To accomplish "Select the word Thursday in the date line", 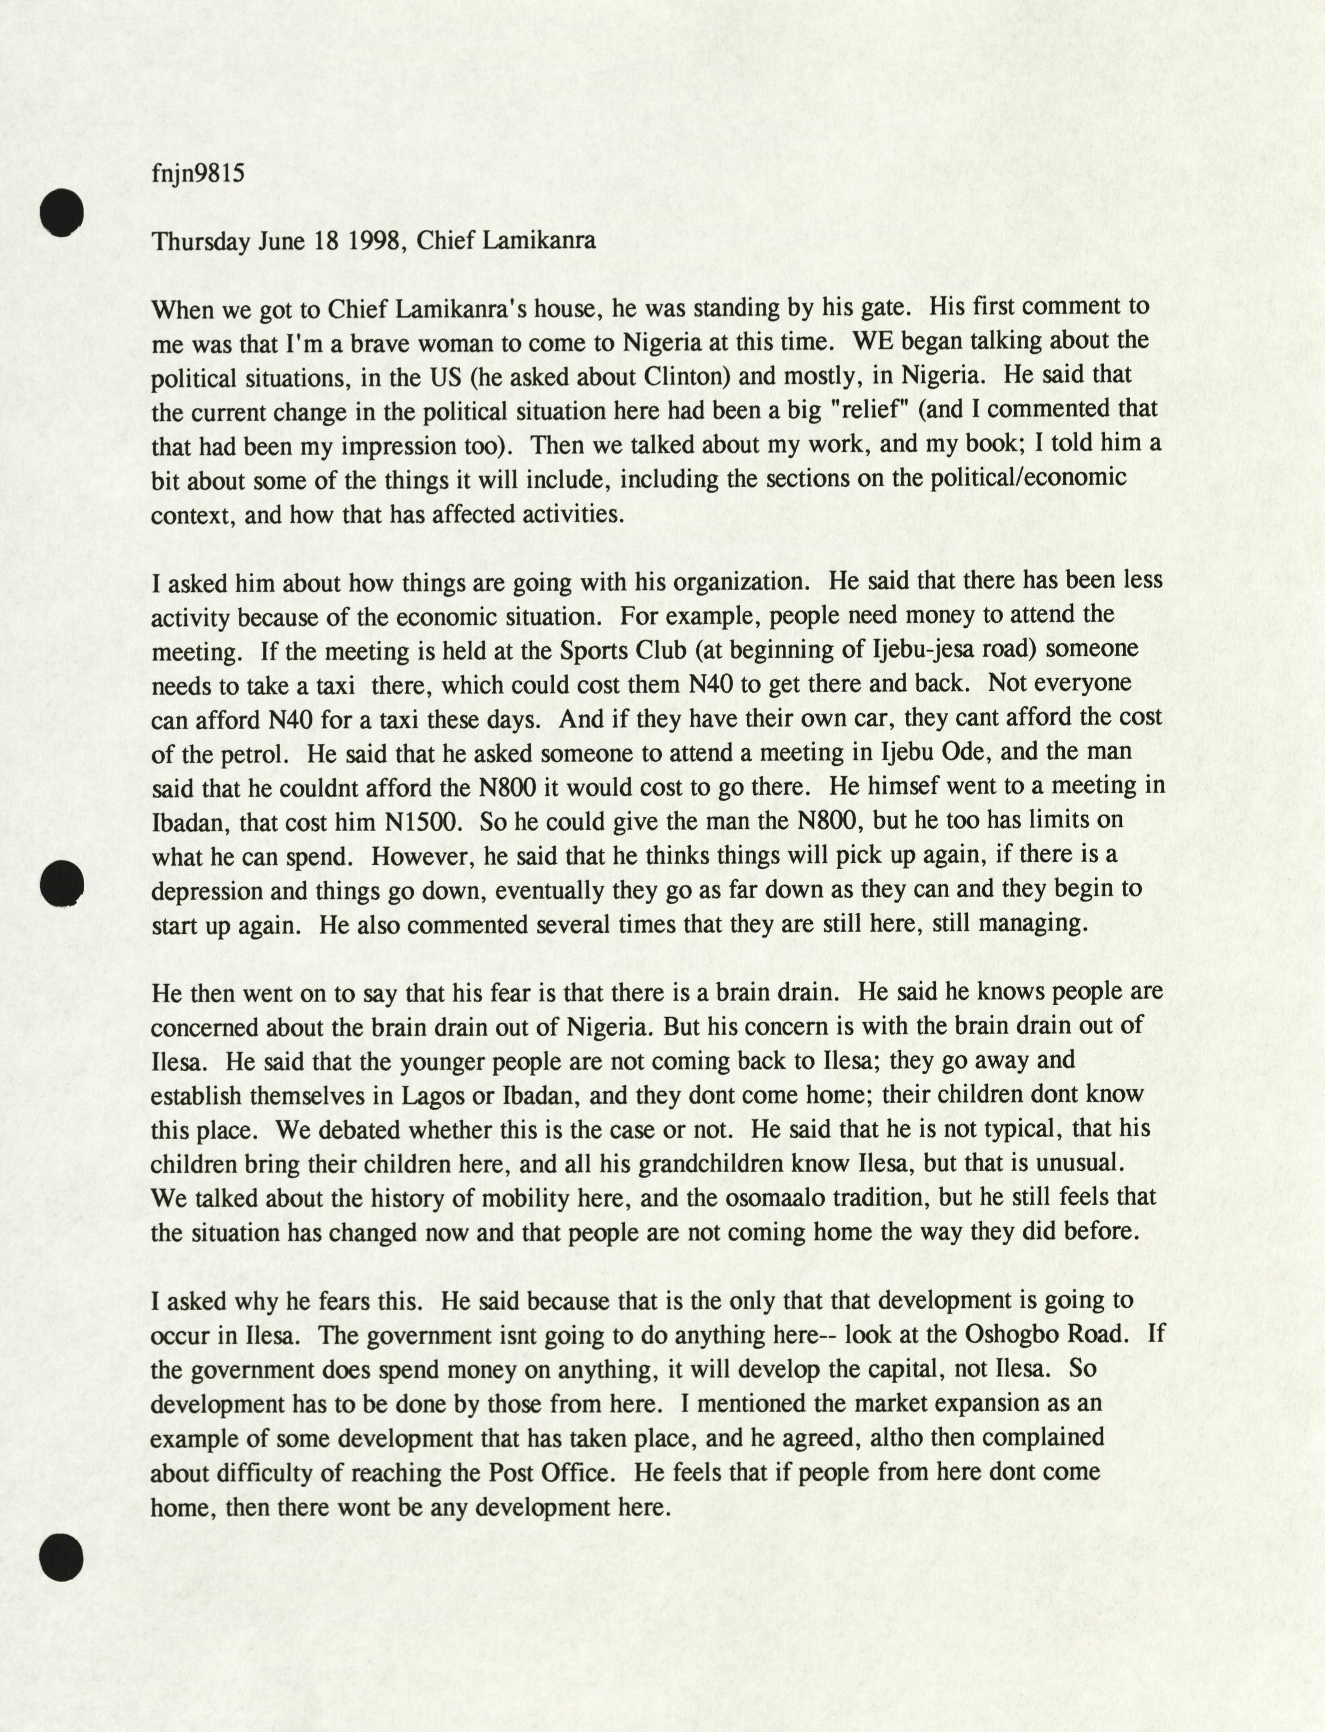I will coord(201,240).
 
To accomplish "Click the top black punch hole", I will coord(62,212).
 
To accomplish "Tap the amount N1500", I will coord(421,823).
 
